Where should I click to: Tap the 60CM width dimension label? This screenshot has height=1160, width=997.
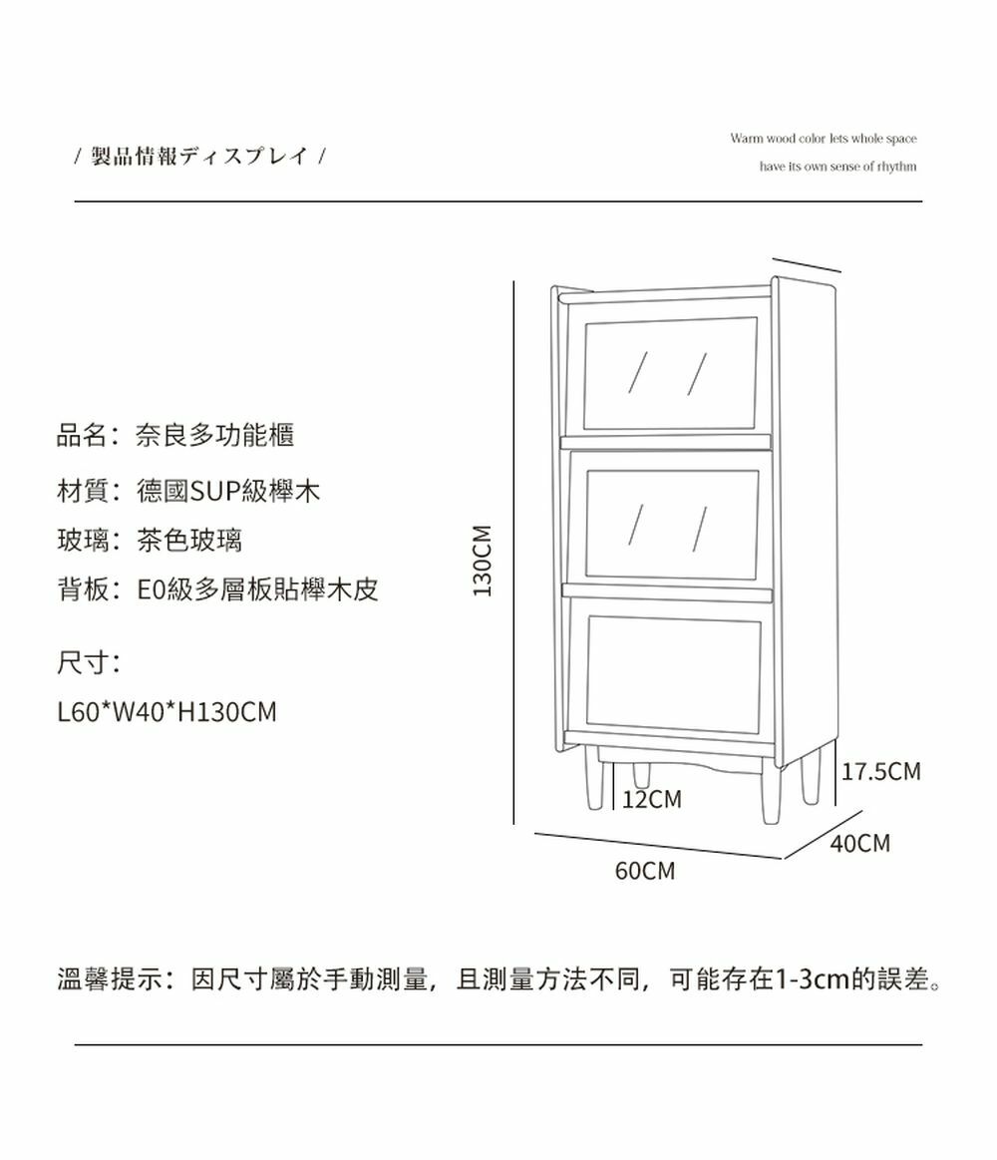(644, 872)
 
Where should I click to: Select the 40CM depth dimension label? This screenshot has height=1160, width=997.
(859, 844)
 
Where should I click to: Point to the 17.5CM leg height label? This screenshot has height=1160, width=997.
(881, 772)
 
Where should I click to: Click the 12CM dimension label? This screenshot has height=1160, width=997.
(651, 800)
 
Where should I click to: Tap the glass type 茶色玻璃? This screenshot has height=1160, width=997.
(188, 541)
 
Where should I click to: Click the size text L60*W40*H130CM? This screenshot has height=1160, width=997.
(166, 712)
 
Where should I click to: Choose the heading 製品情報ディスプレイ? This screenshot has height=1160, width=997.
(199, 157)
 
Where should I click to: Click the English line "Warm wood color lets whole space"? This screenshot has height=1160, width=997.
(823, 138)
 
